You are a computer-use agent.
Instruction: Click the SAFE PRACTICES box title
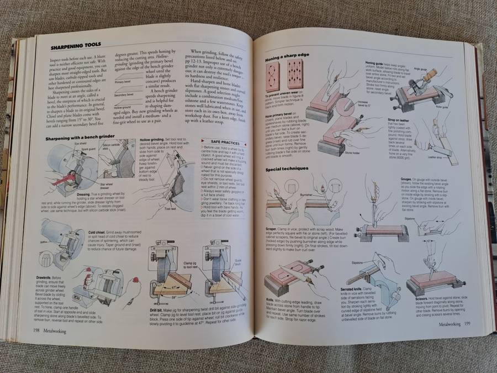click(220, 143)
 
